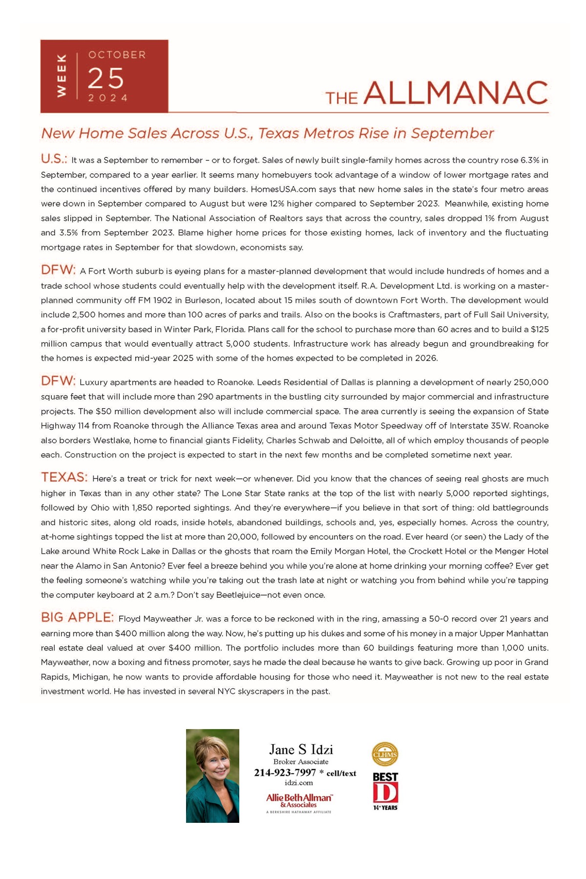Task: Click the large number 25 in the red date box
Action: click(x=106, y=78)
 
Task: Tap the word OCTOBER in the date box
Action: click(x=117, y=55)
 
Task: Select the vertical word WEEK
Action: click(x=62, y=76)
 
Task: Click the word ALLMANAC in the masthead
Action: click(x=455, y=93)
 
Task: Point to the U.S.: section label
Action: click(x=54, y=159)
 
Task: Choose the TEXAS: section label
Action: click(x=64, y=477)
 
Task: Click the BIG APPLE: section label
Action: click(x=77, y=617)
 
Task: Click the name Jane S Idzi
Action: click(x=301, y=750)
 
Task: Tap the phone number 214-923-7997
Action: click(x=285, y=773)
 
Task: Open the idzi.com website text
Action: click(x=299, y=782)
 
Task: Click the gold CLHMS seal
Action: click(x=385, y=754)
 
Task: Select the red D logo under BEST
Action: click(x=385, y=793)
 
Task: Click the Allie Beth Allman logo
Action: click(x=299, y=800)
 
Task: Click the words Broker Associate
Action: click(x=301, y=762)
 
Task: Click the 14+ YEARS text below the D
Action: click(x=385, y=808)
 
